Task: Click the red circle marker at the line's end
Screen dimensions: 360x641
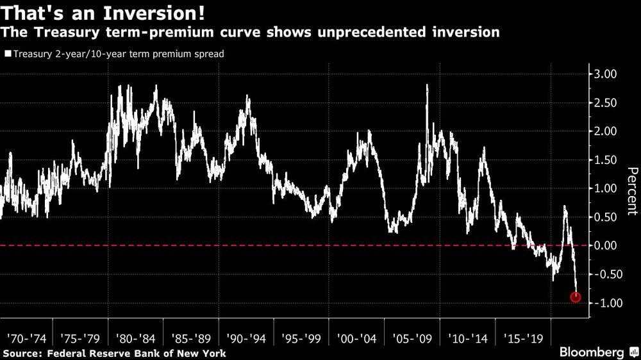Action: coord(576,297)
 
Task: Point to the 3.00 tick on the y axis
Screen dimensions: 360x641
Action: coord(603,74)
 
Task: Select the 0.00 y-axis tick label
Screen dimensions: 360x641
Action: coord(603,245)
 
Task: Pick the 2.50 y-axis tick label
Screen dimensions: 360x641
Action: coord(603,103)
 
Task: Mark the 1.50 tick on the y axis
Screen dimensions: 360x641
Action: coord(603,160)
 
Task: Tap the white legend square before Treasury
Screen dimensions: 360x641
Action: coord(7,54)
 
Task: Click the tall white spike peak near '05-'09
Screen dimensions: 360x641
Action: coord(427,86)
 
